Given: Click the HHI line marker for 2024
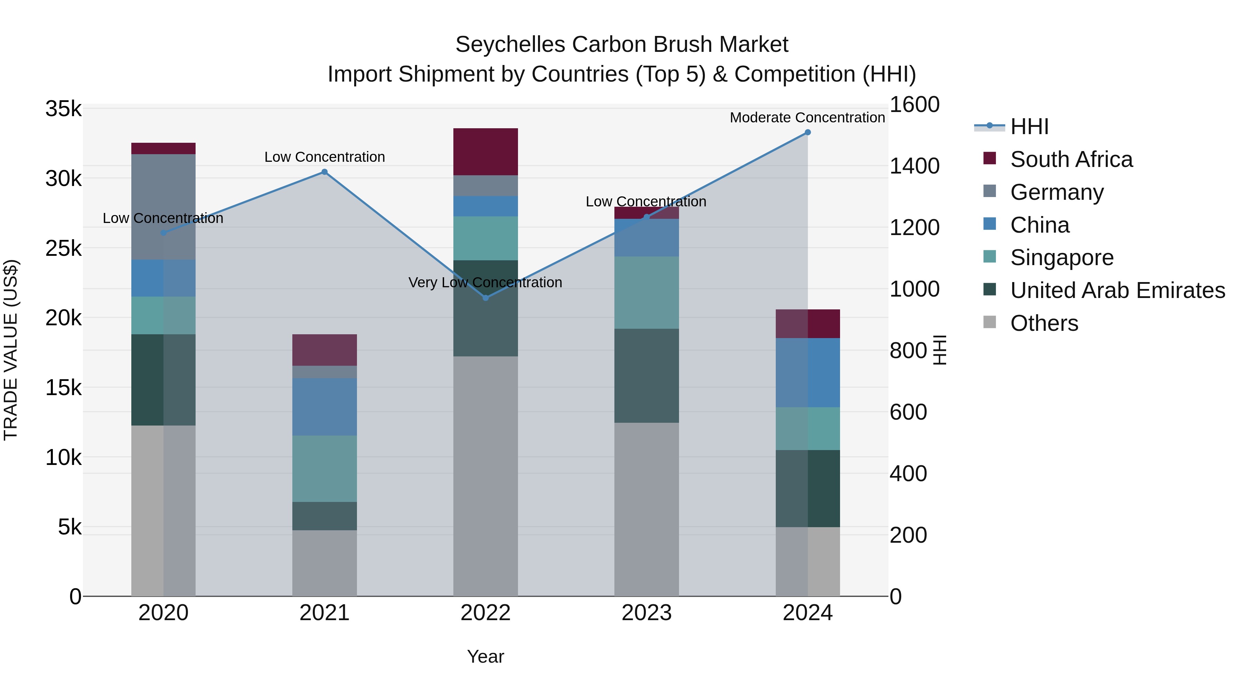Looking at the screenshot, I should [x=808, y=132].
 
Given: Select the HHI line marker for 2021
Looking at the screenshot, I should [x=324, y=172].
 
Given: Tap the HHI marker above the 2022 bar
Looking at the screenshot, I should [x=486, y=298].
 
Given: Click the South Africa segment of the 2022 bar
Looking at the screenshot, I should [x=486, y=152].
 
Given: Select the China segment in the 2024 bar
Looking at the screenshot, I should [x=808, y=372].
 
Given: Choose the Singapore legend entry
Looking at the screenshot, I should [x=1062, y=258].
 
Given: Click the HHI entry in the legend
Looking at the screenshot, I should [x=1029, y=127].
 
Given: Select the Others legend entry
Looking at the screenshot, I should [x=1044, y=323].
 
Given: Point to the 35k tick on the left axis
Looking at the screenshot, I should [x=63, y=109].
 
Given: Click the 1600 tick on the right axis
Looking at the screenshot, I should [x=914, y=105].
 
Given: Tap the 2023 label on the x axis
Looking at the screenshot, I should [x=646, y=613].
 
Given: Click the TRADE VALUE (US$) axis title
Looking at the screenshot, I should [x=11, y=350].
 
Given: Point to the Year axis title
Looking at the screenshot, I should [x=486, y=656].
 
